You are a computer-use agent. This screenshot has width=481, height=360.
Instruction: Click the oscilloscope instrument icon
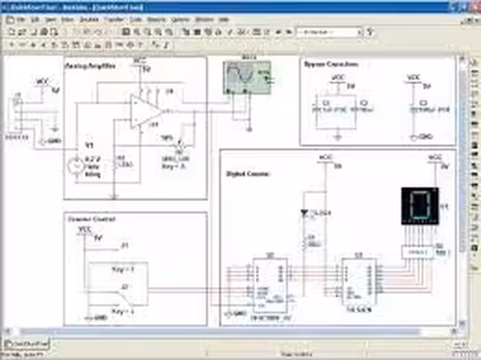[246, 77]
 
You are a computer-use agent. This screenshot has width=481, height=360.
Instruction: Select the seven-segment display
[418, 205]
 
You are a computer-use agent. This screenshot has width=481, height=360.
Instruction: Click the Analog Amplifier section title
[89, 66]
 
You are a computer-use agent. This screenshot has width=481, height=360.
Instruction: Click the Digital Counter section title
[248, 175]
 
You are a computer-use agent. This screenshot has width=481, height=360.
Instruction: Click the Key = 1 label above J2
[122, 269]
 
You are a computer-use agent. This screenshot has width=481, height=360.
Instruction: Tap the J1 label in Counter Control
[124, 245]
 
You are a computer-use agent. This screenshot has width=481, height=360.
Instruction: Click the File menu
[21, 20]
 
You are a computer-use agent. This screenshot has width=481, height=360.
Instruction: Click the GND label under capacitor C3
[425, 136]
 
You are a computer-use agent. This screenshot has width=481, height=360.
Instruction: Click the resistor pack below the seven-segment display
[418, 252]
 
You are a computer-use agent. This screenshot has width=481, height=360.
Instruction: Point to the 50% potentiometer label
[167, 137]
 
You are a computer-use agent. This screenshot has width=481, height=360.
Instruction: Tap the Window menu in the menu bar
[203, 20]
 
